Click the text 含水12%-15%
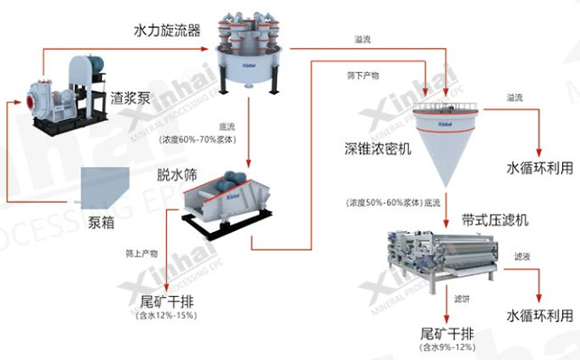166,316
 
